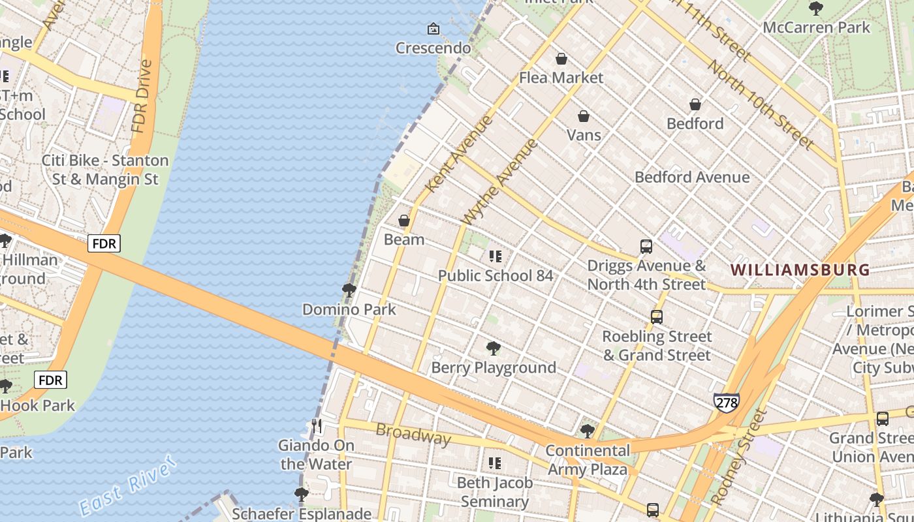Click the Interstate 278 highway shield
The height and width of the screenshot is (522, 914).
pos(726,402)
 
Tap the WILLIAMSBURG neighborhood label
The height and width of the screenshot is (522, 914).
pos(800,269)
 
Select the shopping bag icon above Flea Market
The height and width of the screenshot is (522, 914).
pos(561,59)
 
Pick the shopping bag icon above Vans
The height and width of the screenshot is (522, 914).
pos(584,117)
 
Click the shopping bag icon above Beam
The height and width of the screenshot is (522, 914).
pos(404,221)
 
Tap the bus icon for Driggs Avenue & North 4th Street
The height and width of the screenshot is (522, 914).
pos(646,247)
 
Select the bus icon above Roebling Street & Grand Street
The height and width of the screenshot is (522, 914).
pos(657,317)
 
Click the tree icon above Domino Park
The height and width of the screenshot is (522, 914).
pos(349,290)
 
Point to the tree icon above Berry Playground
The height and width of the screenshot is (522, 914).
pos(494,348)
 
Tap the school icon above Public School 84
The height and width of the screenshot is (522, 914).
pos(496,256)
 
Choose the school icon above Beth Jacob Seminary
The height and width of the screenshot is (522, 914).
pos(495,463)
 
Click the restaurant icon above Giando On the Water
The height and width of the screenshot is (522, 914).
pos(317,426)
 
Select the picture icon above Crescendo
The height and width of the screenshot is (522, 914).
pos(433,29)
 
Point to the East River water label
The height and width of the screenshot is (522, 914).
pos(127,486)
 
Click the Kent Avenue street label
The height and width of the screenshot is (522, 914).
pos(459,154)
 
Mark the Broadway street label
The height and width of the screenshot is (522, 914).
pos(413,434)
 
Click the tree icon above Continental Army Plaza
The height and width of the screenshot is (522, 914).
pos(588,431)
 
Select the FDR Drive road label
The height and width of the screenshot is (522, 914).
pos(142,96)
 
